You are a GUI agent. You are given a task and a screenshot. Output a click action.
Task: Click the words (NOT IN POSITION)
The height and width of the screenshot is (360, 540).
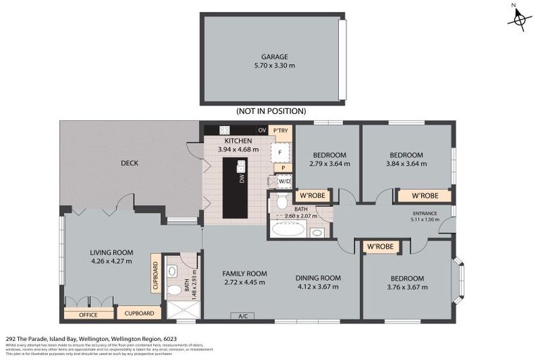[271, 111]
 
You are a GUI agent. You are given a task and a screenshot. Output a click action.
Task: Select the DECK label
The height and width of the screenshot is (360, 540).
[129, 163]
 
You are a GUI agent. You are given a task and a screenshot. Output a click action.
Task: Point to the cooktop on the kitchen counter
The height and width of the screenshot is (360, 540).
[224, 130]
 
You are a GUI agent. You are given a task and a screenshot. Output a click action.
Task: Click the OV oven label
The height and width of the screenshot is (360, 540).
[262, 131]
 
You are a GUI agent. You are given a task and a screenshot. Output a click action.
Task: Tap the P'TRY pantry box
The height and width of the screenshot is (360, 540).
[281, 131]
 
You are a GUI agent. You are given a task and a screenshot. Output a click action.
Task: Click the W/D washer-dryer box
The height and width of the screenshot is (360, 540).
[283, 181]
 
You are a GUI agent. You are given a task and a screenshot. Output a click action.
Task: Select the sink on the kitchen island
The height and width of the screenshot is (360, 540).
[241, 166]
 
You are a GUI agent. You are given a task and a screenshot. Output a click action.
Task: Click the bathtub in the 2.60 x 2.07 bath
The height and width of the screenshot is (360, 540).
[289, 229]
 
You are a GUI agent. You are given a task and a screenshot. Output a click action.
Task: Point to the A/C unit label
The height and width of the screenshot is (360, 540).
[244, 316]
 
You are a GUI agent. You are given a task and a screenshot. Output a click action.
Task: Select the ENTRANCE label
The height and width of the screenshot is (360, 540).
[425, 213]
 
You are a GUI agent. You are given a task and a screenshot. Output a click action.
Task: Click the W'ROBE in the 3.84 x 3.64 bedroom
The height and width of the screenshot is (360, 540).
[425, 195]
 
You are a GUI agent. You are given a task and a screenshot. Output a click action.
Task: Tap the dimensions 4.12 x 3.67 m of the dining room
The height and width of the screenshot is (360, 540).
[318, 286]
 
